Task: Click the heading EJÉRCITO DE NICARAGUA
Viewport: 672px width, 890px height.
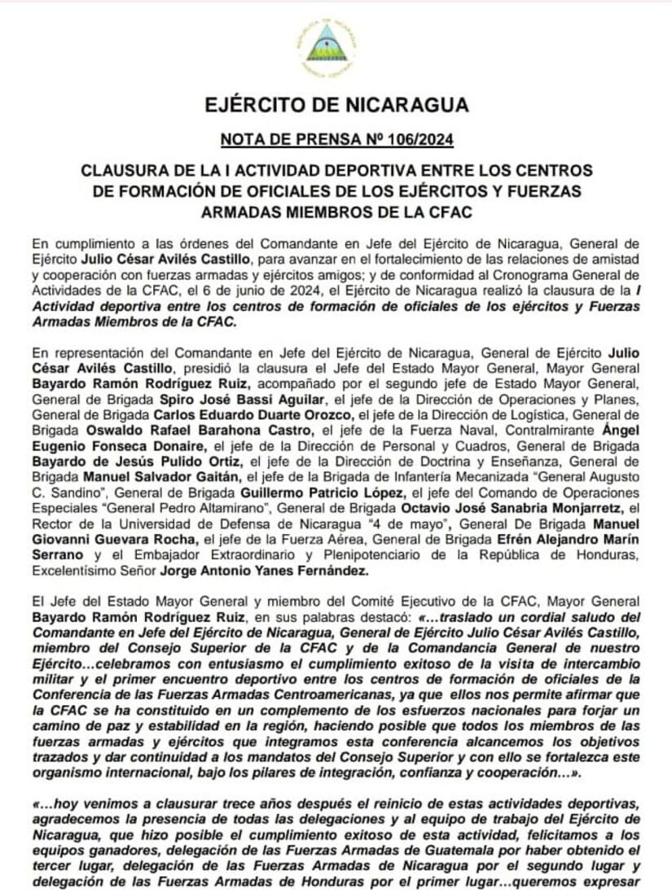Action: tap(336, 105)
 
